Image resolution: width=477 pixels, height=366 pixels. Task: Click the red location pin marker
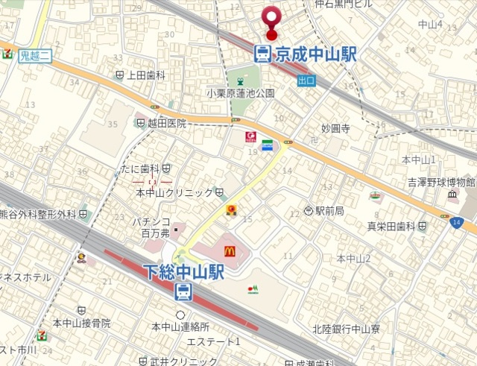[271, 19]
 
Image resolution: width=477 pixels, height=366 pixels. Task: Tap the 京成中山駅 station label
[316, 54]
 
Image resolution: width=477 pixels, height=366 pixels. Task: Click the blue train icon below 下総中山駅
[183, 291]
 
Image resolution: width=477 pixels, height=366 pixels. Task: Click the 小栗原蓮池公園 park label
[241, 93]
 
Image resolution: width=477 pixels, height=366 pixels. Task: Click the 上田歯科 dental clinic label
[145, 75]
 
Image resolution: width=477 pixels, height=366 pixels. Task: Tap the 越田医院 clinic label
[166, 124]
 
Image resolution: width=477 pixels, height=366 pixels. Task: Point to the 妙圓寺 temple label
[335, 128]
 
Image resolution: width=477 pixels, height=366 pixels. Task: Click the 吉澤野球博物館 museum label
[440, 182]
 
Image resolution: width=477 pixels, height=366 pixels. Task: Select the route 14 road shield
[455, 221]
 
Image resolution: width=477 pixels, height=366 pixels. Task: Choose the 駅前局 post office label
[329, 211]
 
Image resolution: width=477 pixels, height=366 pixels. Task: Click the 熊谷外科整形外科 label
[38, 215]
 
